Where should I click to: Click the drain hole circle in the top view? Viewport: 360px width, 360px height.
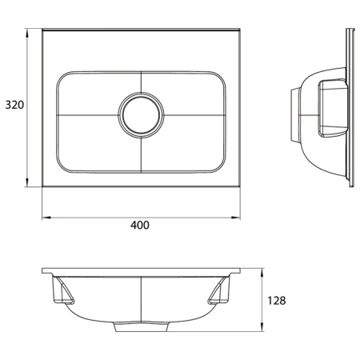[141, 112]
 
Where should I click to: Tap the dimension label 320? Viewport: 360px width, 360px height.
[13, 106]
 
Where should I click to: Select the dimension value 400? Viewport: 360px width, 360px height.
[140, 226]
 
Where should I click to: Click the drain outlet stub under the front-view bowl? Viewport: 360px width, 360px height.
[141, 327]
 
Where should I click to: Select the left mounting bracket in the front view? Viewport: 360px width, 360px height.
[62, 295]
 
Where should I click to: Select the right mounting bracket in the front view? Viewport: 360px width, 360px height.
[219, 295]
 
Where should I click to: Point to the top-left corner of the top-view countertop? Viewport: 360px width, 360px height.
[43, 31]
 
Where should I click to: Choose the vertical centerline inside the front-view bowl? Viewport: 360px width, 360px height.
[141, 299]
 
